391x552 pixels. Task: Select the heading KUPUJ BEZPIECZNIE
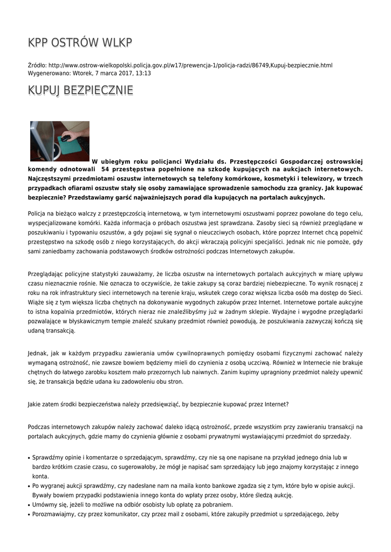(x=80, y=90)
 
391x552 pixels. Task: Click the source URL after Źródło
(x=190, y=65)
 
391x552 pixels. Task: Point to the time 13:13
(x=143, y=73)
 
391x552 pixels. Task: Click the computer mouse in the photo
(x=65, y=138)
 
